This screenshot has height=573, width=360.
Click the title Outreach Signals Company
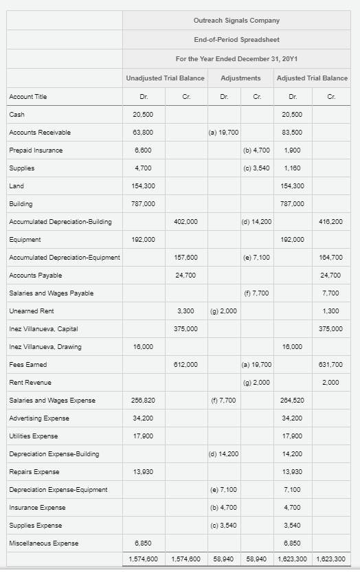click(236, 21)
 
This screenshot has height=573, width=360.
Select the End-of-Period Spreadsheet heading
click(236, 40)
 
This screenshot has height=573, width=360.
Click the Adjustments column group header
click(240, 78)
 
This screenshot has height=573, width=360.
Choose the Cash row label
click(16, 114)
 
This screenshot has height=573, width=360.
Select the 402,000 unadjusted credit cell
click(186, 221)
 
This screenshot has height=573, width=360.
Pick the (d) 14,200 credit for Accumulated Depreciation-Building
click(258, 221)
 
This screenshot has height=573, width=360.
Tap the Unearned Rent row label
click(27, 311)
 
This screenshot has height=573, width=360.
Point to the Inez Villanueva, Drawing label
click(45, 347)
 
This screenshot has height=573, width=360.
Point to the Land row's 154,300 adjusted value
click(293, 186)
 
